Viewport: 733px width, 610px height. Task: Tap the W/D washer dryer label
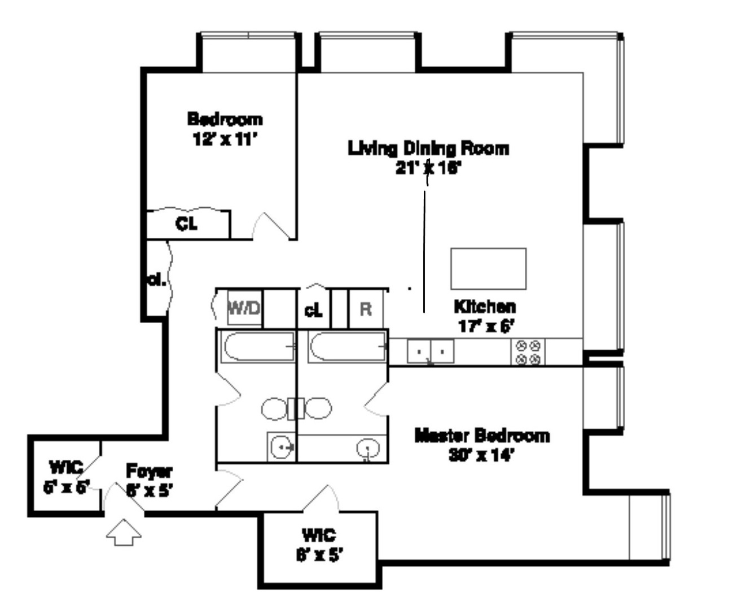tap(244, 308)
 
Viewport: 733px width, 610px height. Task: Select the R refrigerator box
tap(366, 309)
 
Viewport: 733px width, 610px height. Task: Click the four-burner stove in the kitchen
tap(528, 351)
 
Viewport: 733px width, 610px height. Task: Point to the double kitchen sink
tap(430, 351)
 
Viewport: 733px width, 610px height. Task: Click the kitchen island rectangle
tap(488, 268)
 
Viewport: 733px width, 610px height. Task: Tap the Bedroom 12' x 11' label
tap(225, 129)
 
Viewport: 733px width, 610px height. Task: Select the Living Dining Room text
tap(428, 149)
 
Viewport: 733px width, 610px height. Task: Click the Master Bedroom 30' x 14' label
tap(481, 445)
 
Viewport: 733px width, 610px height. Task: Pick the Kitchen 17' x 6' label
tap(485, 316)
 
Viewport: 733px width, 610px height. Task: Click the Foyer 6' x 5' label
tap(149, 480)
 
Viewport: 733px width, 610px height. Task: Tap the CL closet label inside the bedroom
tap(187, 224)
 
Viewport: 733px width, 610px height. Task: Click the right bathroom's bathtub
tap(347, 347)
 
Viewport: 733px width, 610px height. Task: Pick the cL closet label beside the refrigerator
tap(313, 310)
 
